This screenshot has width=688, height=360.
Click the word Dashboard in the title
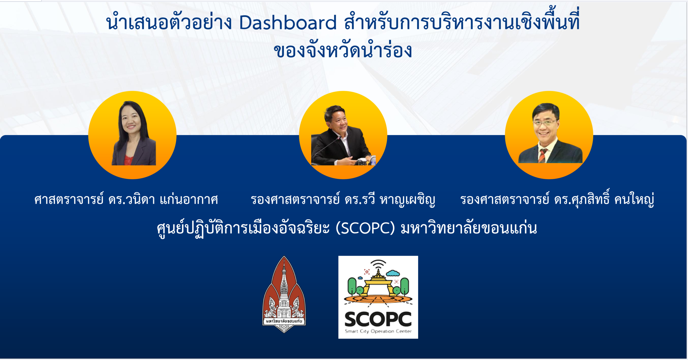point(288,23)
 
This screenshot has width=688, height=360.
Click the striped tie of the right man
point(542,156)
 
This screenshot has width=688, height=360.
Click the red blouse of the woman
point(128,160)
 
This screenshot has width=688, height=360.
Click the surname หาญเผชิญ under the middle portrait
point(407,200)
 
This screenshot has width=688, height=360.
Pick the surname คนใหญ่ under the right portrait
point(635,200)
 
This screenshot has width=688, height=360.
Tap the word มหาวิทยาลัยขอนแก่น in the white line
point(469,228)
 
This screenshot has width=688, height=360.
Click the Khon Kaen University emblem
point(284,294)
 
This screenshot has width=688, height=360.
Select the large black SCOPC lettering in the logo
point(378,319)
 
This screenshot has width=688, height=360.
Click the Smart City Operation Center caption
point(378,331)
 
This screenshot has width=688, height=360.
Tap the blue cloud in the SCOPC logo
point(393,273)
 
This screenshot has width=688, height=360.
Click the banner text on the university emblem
point(284,321)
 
